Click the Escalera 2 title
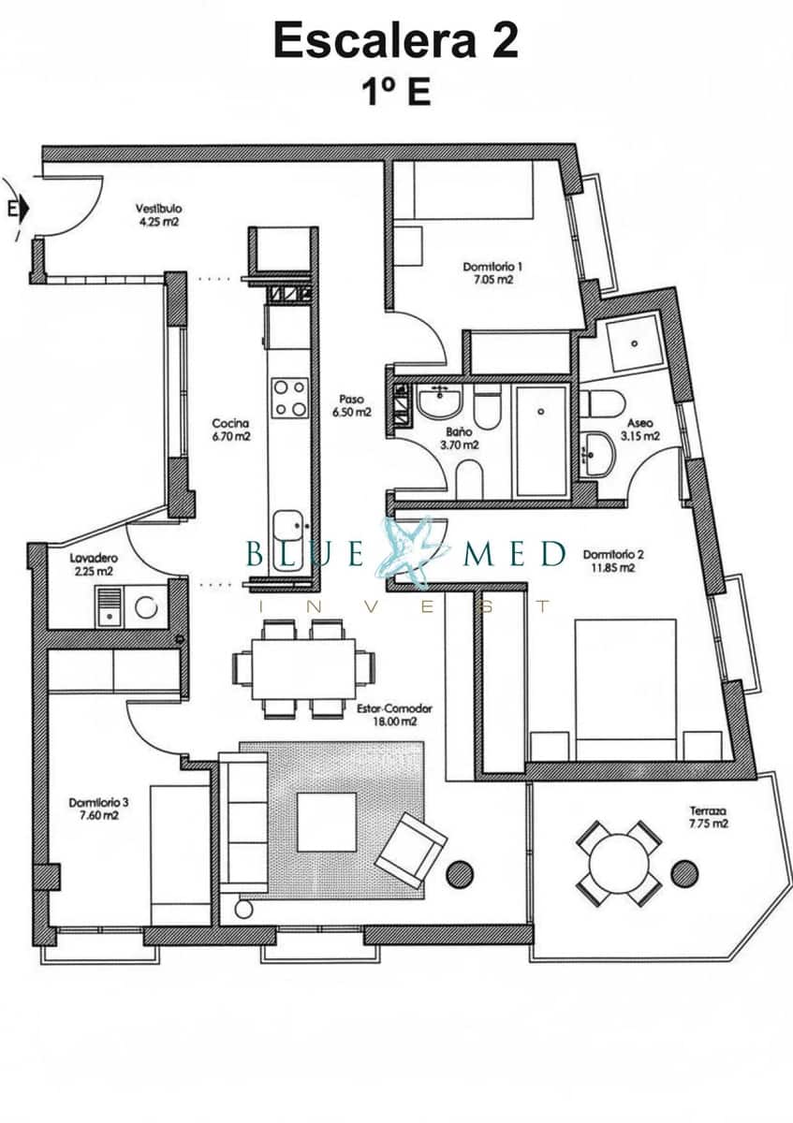395,42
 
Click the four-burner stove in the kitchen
288,397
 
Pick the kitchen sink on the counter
288,528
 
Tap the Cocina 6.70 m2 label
230,429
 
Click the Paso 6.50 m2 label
354,404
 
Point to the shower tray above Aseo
633,344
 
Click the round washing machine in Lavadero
146,607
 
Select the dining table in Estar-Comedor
303,668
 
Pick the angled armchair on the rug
411,850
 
